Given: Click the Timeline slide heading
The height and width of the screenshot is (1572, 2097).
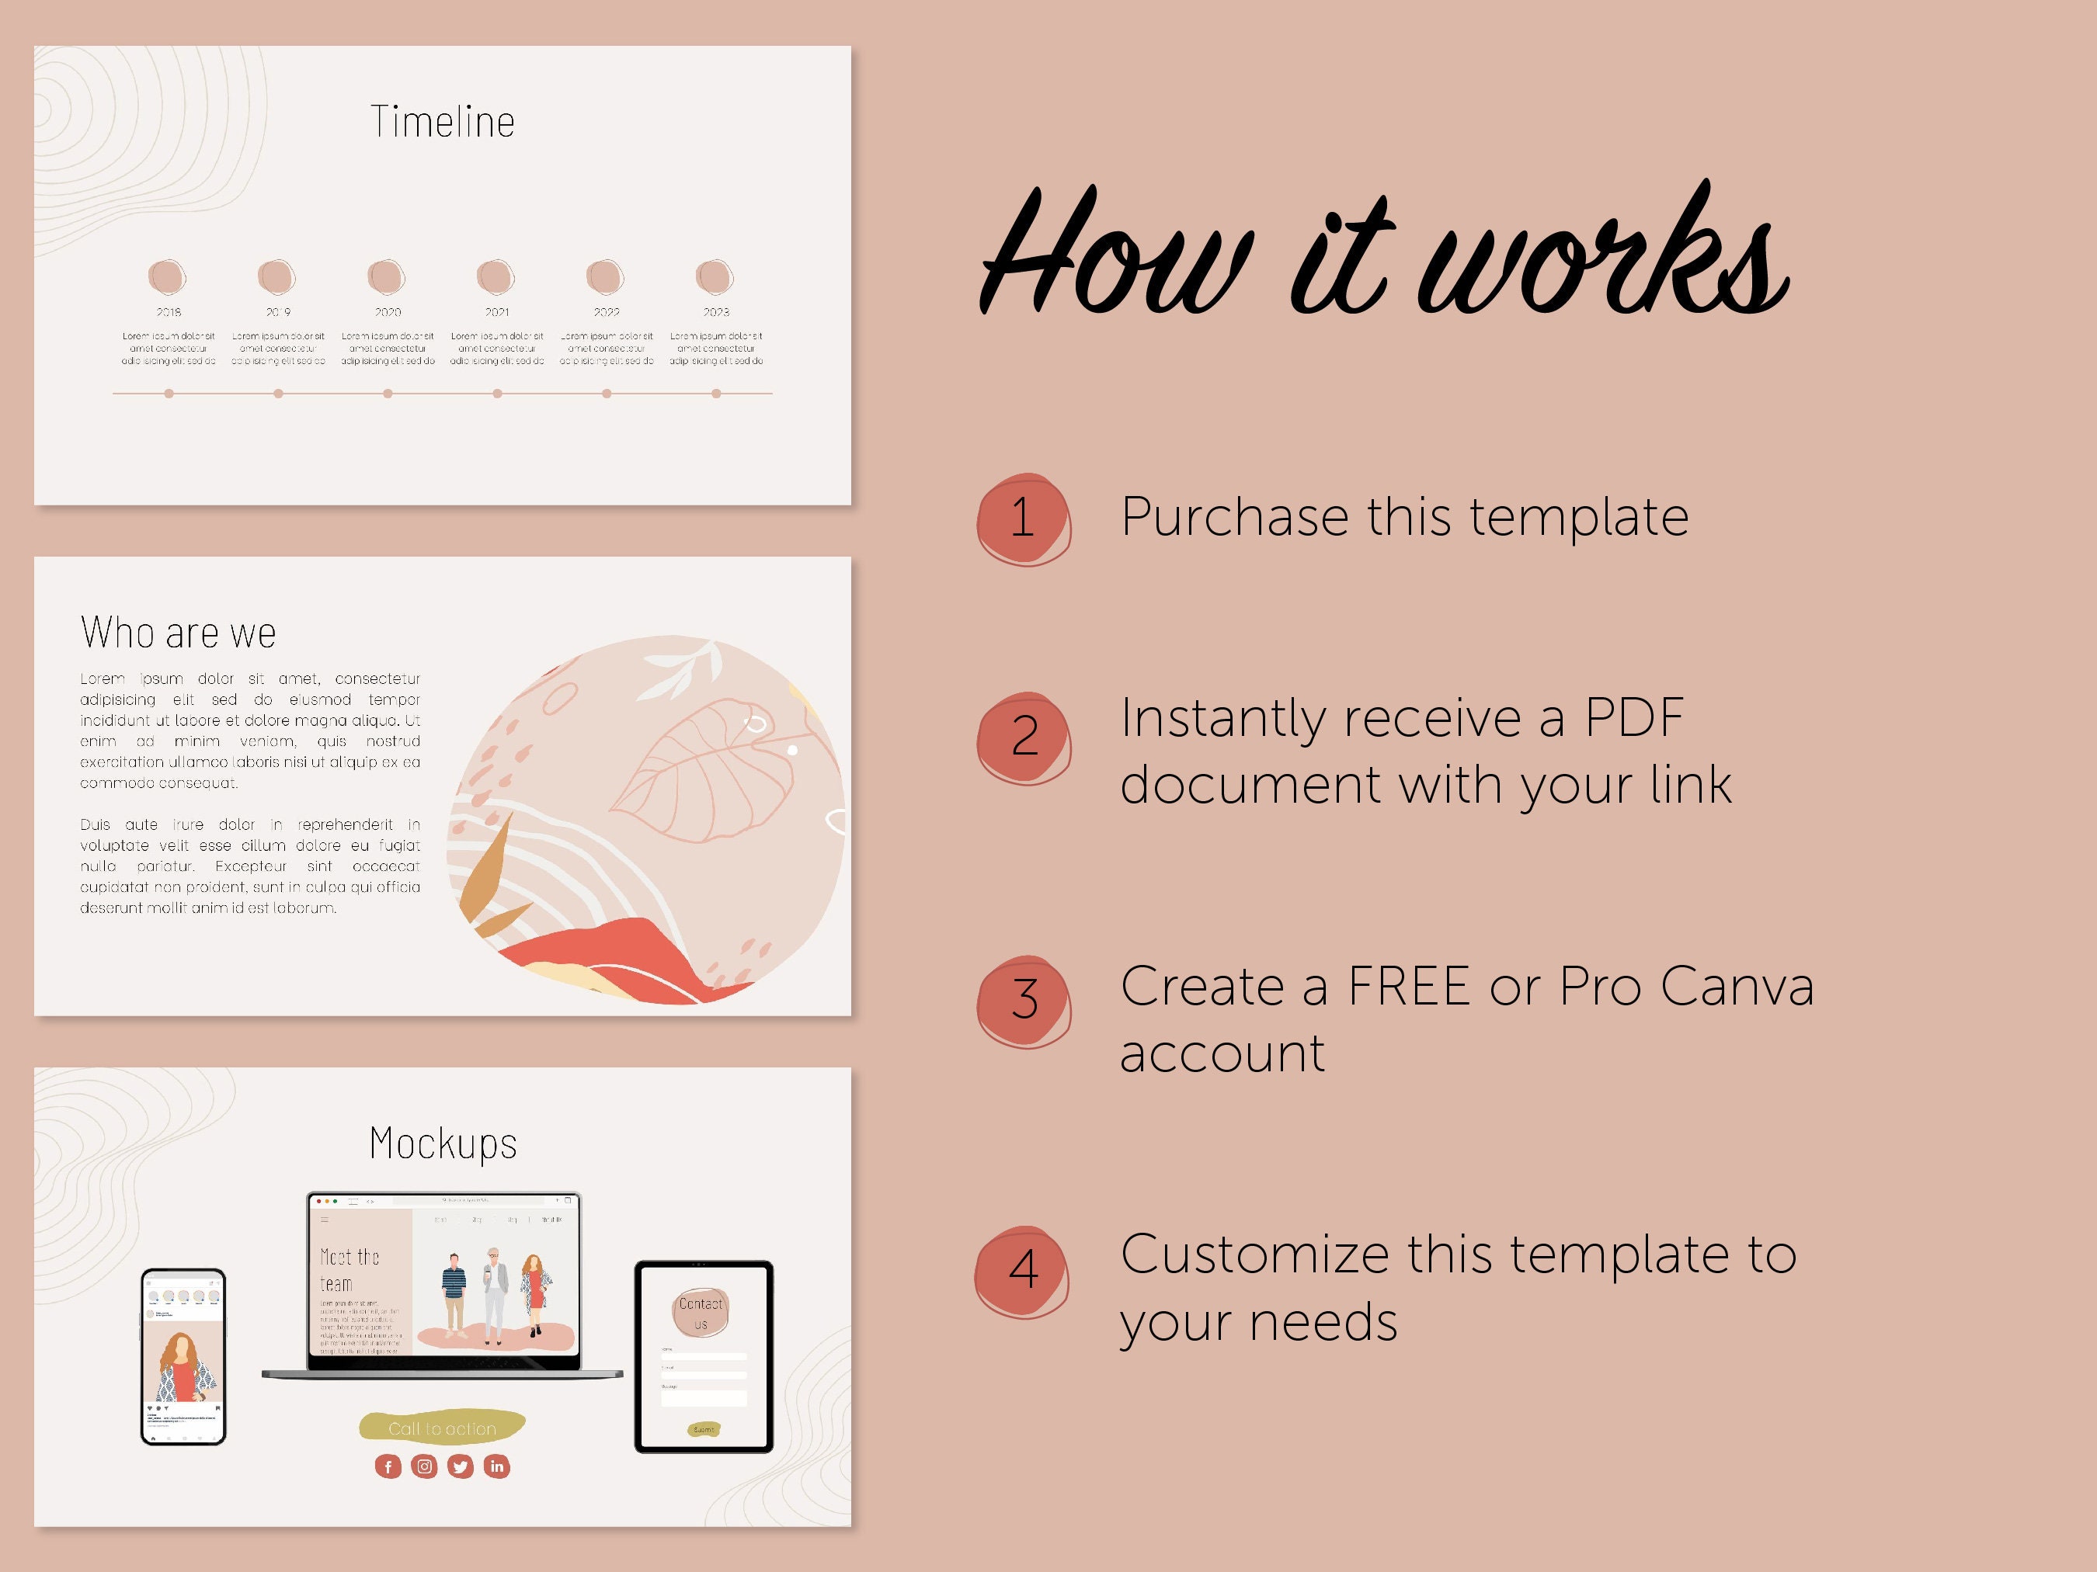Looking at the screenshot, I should point(443,122).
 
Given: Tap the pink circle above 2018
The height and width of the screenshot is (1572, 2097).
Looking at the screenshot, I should point(168,276).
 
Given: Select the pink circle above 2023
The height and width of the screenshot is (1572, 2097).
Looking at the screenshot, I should point(715,276).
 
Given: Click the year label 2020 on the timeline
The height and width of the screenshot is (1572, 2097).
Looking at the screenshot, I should point(388,312).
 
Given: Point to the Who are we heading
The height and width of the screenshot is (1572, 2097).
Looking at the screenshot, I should point(178,633).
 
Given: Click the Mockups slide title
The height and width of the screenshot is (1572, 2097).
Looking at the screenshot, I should point(443,1143).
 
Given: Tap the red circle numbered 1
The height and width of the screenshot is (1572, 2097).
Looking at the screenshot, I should point(1023,519).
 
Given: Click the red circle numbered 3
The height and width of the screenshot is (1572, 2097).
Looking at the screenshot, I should point(1024,1001).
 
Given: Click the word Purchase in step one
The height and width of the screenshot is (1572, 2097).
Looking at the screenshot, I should point(1234,517).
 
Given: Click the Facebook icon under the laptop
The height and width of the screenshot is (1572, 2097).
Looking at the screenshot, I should point(388,1467).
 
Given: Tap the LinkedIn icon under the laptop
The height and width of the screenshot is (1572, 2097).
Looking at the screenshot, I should point(497,1467).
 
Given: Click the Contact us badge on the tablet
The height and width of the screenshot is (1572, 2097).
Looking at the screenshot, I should point(701,1313).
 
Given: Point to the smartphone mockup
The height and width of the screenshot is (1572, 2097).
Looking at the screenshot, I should point(183,1357).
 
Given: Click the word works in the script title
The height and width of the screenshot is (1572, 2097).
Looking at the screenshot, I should point(1602,256).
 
